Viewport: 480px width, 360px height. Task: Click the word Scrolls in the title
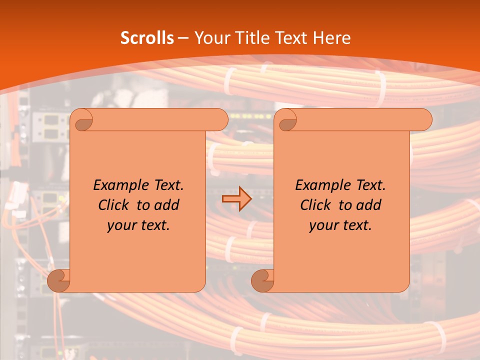pos(147,38)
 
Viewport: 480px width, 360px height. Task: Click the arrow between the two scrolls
pos(236,198)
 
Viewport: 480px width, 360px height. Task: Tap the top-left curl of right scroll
pos(287,120)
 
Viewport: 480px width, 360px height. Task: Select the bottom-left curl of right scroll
pos(263,280)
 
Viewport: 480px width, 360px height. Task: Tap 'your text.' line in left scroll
pos(138,225)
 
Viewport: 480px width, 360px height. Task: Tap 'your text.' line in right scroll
pos(340,225)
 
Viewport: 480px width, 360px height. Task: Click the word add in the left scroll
pos(166,205)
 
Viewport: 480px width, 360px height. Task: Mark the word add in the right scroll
pos(368,205)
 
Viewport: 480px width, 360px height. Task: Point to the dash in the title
pos(183,38)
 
